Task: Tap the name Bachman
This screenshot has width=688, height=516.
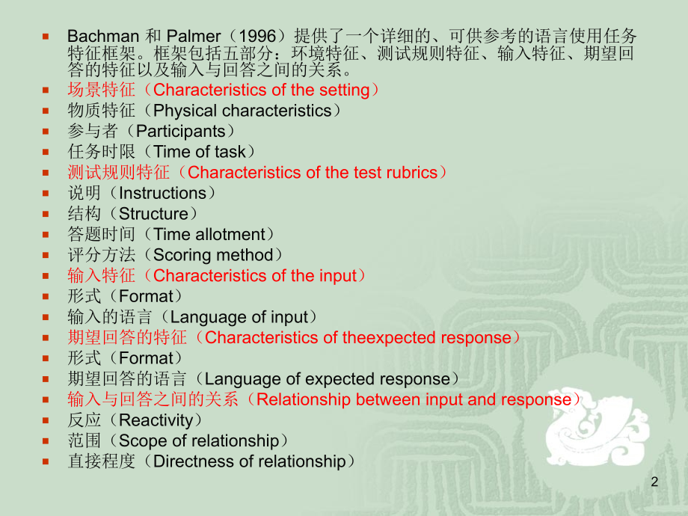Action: pyautogui.click(x=103, y=36)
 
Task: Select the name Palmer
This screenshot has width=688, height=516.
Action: pyautogui.click(x=194, y=36)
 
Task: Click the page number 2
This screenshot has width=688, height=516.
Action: pyautogui.click(x=654, y=482)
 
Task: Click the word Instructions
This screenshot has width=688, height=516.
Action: pyautogui.click(x=162, y=193)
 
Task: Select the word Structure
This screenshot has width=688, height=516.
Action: pyautogui.click(x=153, y=214)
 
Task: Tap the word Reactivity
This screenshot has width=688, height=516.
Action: pyautogui.click(x=156, y=420)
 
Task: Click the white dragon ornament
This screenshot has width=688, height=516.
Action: pyautogui.click(x=596, y=426)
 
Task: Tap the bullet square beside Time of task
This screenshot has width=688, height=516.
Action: pyautogui.click(x=46, y=153)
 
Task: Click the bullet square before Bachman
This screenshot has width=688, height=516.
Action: pyautogui.click(x=46, y=37)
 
